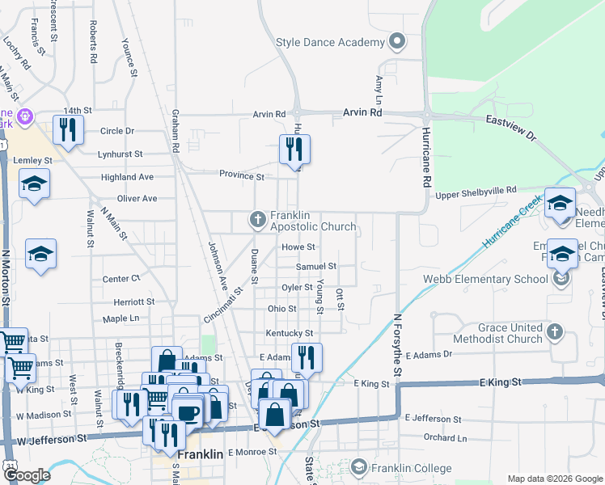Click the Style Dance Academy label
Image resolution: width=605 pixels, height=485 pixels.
click(x=329, y=42)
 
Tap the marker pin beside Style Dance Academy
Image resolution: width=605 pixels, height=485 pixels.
click(x=396, y=41)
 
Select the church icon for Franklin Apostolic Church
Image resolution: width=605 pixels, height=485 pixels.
click(x=257, y=219)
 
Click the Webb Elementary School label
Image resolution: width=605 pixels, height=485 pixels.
click(x=485, y=280)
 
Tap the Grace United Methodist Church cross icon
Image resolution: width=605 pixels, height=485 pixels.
click(x=554, y=331)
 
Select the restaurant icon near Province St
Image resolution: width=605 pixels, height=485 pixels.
click(x=294, y=149)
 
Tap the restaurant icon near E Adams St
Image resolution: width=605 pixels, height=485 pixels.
click(x=307, y=357)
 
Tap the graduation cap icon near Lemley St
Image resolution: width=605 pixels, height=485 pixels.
click(x=35, y=185)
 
